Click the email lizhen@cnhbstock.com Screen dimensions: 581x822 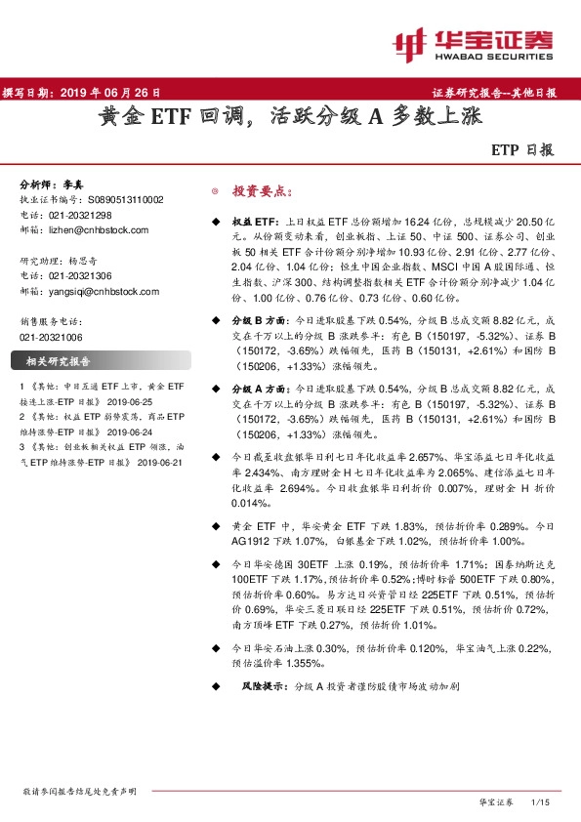pos(99,230)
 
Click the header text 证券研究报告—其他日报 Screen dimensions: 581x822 pos(494,93)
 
